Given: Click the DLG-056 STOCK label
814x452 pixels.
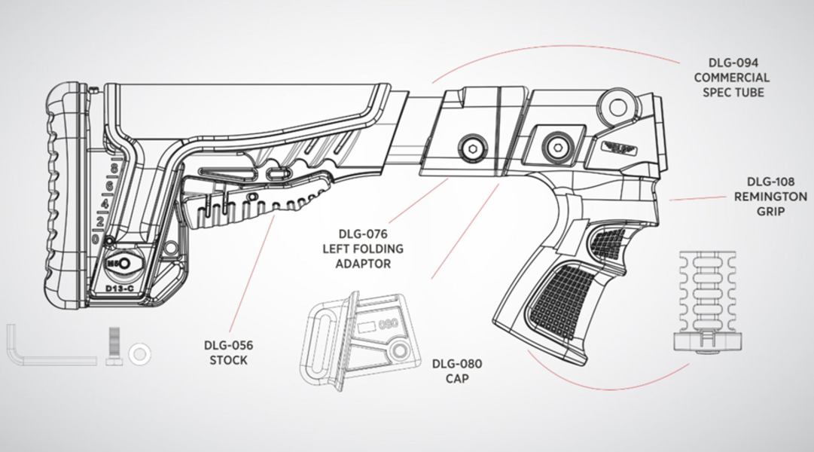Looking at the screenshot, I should [228, 353].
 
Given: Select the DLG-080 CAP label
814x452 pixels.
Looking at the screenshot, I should [457, 371].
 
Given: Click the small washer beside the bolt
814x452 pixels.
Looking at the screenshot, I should [139, 353].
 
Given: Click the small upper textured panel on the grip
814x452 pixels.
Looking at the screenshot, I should [607, 242].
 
